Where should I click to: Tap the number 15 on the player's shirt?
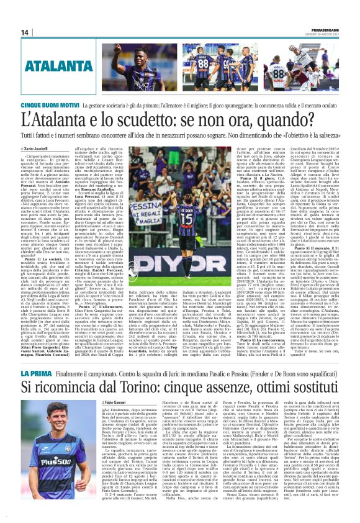pyautogui.click(x=186, y=220)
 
